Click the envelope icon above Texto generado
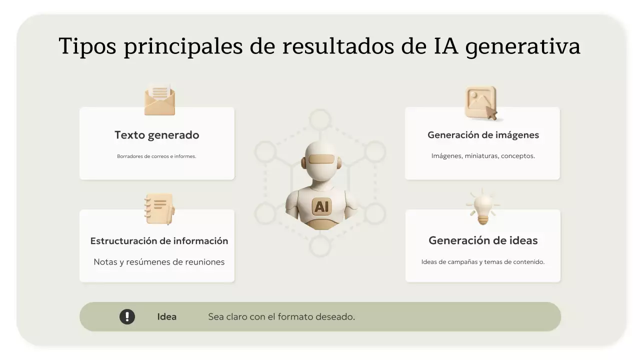[159, 99]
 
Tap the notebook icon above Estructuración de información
[159, 209]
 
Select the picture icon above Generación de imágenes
[481, 103]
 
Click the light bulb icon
[483, 207]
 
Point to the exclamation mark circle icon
[127, 316]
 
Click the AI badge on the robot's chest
[321, 206]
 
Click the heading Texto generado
[156, 135]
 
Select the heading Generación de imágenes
[483, 135]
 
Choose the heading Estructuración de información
[159, 241]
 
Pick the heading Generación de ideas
[483, 240]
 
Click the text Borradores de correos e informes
[156, 156]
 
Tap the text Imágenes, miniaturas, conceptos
[483, 156]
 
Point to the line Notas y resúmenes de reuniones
[159, 262]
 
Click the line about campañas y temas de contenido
[483, 261]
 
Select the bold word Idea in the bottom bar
[166, 316]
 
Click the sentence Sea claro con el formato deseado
[281, 316]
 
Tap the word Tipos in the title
[87, 46]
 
